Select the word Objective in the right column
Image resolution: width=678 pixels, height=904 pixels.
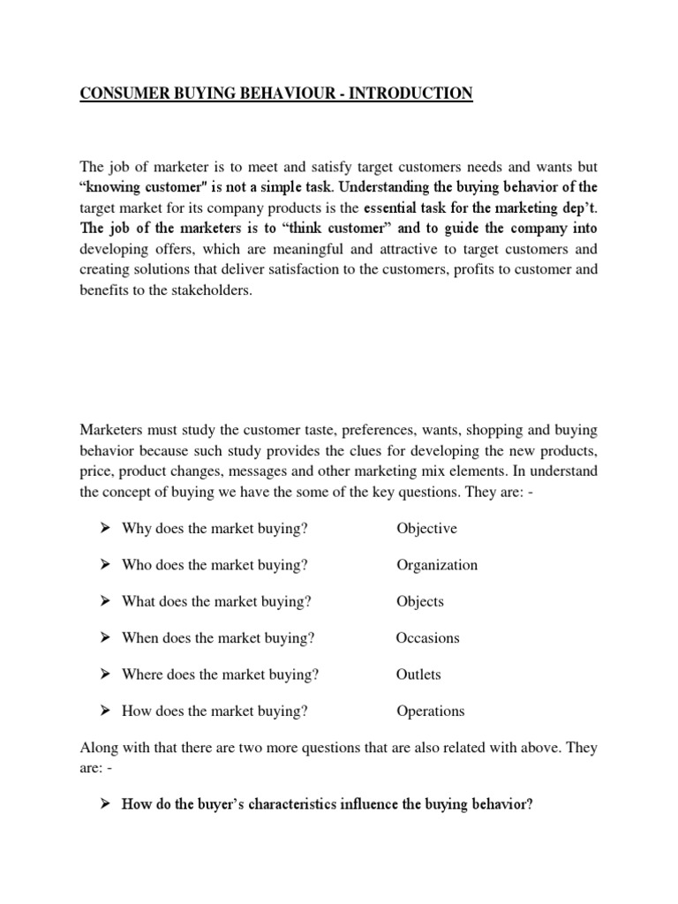426,529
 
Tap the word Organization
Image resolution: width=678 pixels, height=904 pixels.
437,565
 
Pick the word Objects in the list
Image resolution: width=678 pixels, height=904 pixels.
420,602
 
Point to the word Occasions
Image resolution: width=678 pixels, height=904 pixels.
428,638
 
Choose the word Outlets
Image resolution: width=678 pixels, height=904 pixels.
418,674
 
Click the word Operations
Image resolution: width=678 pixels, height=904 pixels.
430,711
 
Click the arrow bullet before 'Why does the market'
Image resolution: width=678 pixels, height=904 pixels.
103,529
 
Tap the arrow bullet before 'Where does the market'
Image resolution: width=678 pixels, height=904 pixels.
103,674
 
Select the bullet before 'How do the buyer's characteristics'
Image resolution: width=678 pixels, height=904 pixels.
103,806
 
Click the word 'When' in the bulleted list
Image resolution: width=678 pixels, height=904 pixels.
140,638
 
